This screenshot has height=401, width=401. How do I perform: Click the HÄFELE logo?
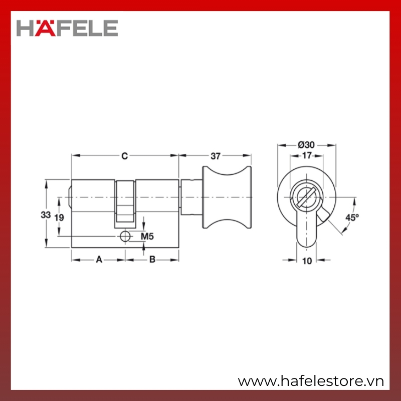[67, 28]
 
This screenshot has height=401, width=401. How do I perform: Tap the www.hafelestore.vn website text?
[311, 381]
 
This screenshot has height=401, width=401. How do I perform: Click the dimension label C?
[124, 156]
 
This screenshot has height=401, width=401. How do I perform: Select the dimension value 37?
[216, 156]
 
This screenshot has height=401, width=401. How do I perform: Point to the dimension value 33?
[46, 215]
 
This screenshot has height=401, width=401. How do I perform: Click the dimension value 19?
[59, 218]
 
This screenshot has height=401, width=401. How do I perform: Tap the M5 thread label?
[147, 237]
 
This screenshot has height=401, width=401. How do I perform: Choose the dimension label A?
[99, 260]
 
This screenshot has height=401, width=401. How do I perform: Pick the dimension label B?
[152, 260]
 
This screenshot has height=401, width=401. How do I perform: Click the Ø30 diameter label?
[306, 145]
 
